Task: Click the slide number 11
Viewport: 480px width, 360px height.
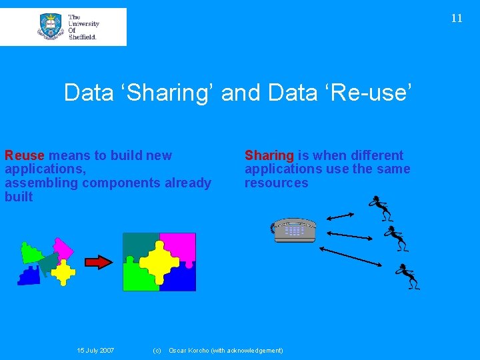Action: click(456, 19)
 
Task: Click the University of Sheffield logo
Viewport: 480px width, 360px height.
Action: click(63, 27)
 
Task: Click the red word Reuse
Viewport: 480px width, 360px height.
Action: click(24, 155)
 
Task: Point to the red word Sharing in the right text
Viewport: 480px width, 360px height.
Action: click(269, 155)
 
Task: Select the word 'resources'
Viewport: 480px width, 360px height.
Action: click(277, 183)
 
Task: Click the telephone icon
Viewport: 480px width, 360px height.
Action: click(293, 230)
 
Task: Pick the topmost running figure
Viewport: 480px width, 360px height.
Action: click(381, 208)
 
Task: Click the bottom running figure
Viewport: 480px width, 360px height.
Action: click(407, 276)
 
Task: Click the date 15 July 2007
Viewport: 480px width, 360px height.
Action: click(95, 351)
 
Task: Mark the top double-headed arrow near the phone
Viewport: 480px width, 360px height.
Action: click(343, 214)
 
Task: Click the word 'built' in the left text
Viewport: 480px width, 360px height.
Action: click(19, 197)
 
